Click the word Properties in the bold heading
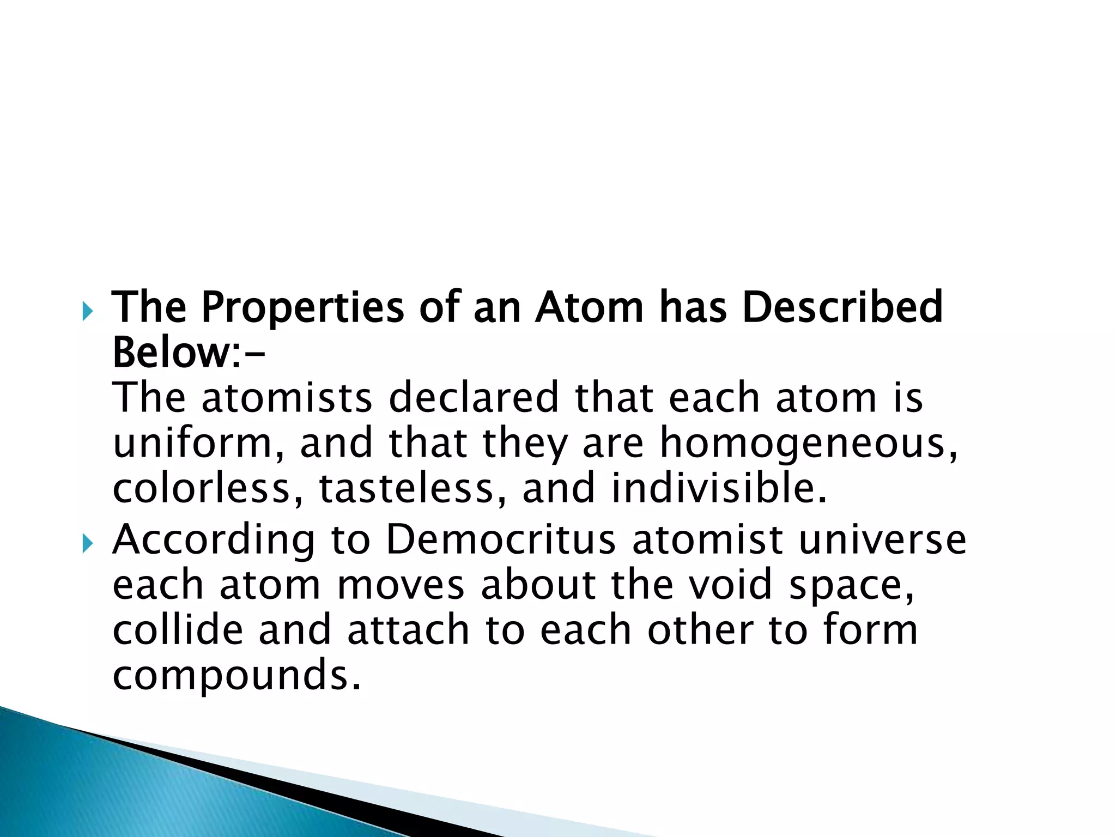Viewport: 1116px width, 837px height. point(302,308)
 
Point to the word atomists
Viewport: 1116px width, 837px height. point(287,398)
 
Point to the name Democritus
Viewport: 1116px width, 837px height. point(501,539)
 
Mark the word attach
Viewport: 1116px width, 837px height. point(408,630)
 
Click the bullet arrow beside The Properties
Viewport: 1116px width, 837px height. point(88,312)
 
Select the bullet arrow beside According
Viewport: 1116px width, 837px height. point(88,543)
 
